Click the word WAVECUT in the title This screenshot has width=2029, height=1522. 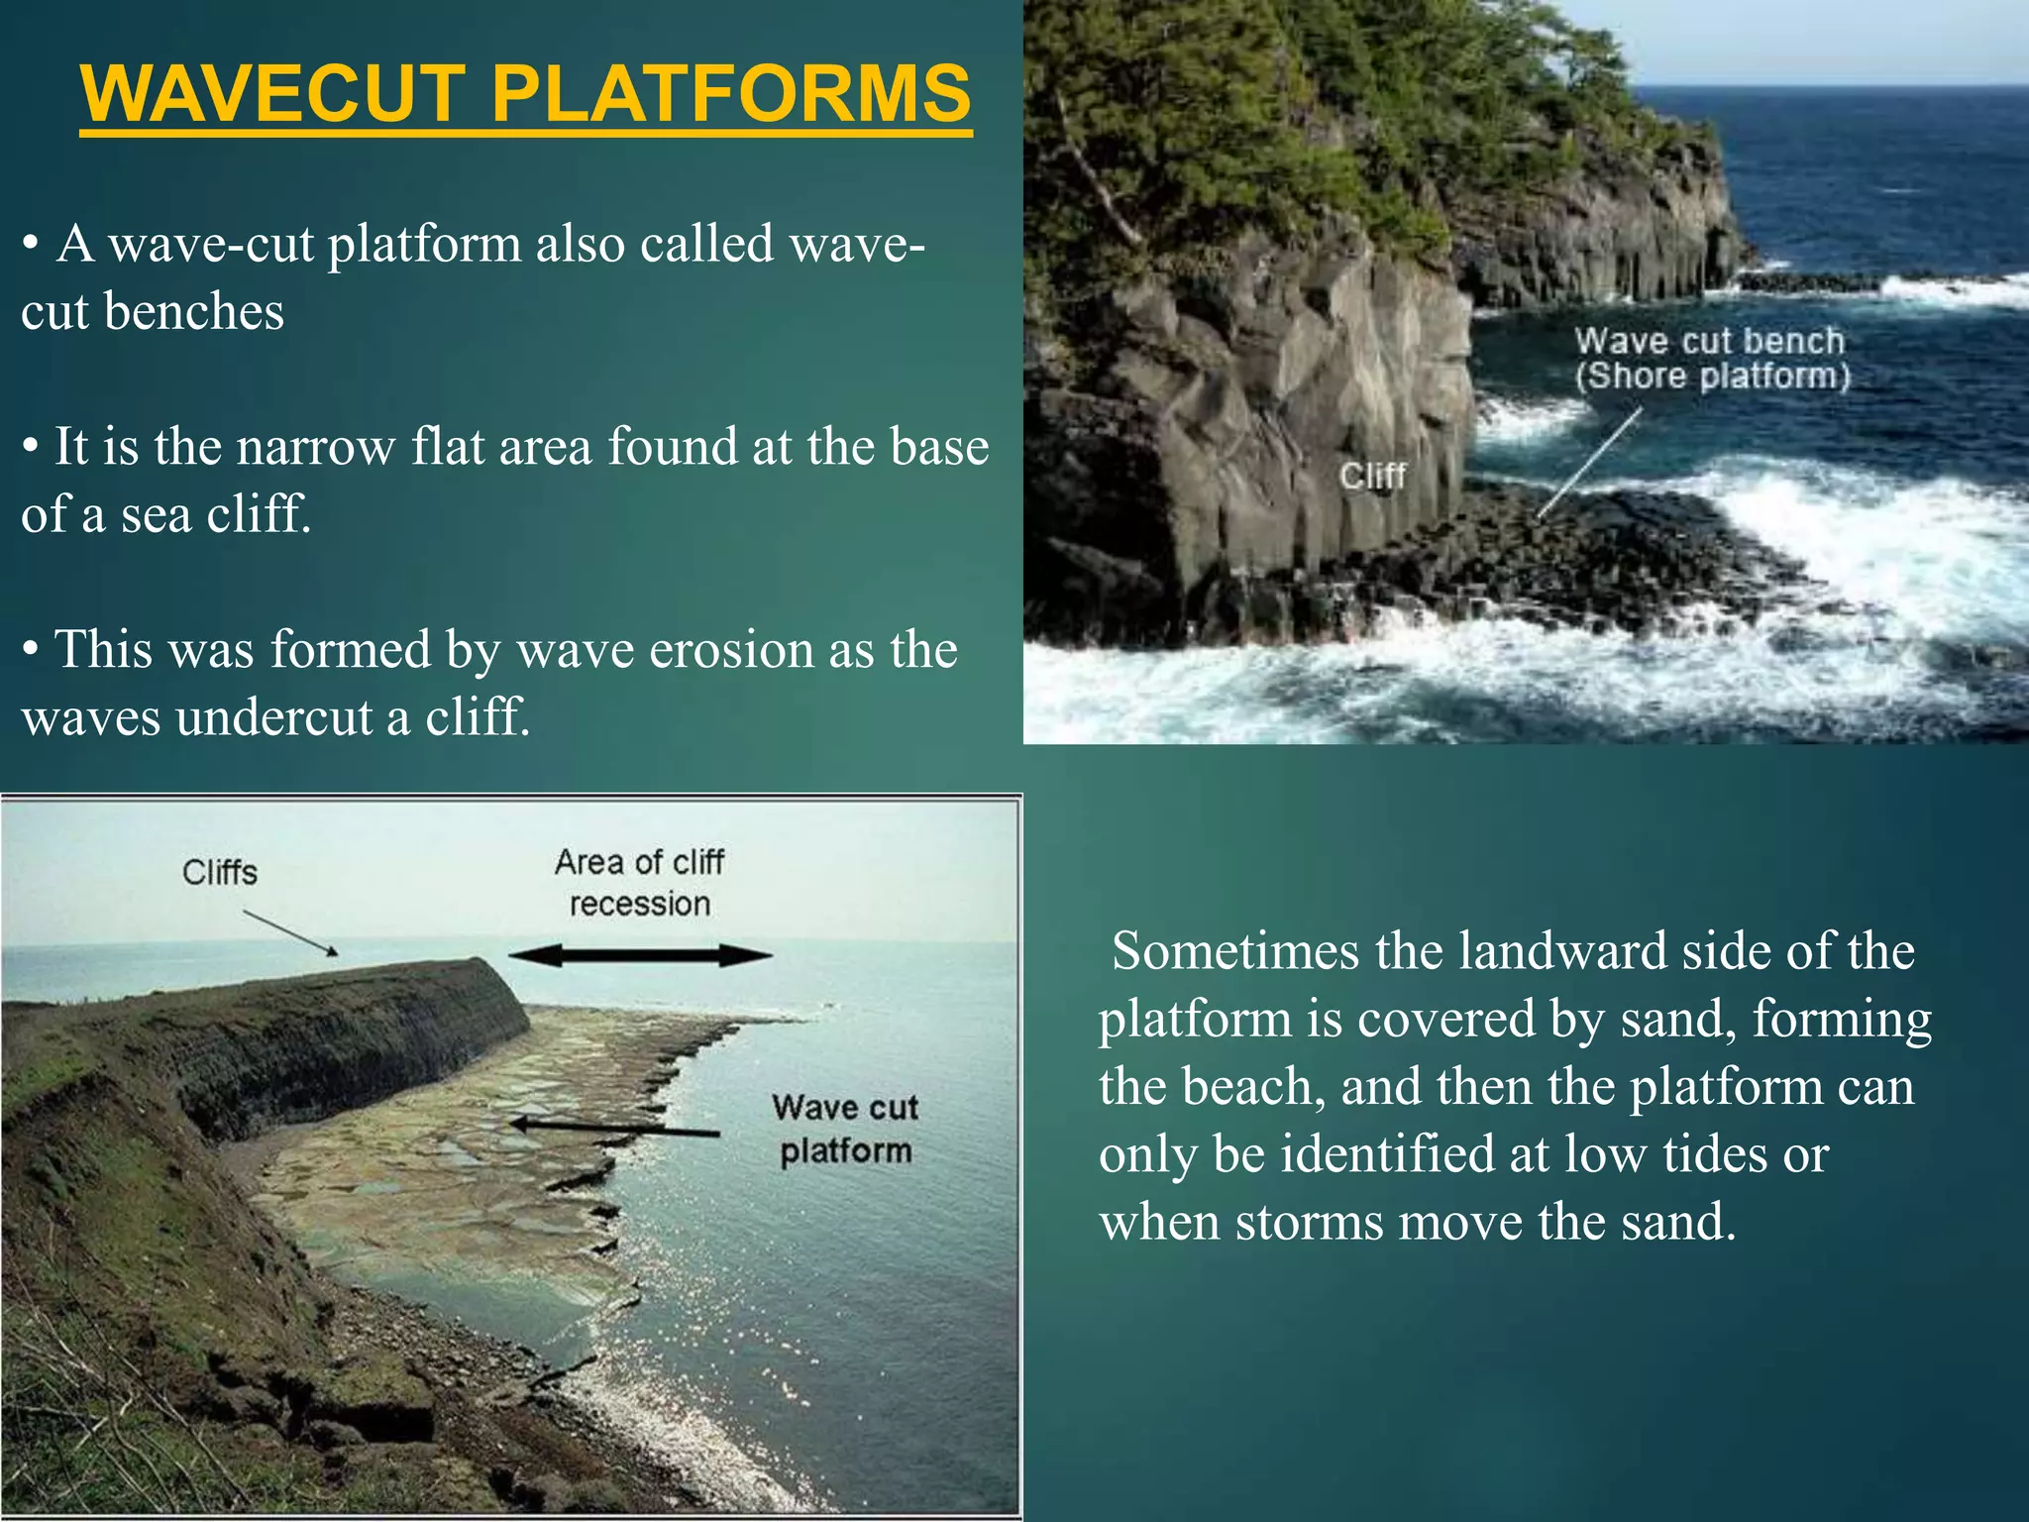click(273, 94)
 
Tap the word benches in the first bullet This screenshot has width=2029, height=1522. click(194, 312)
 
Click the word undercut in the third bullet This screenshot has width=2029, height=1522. click(280, 717)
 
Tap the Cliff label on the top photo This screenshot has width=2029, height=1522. click(1373, 477)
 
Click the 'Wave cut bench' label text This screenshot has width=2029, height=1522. click(1710, 342)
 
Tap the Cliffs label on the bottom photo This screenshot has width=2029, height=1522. click(220, 873)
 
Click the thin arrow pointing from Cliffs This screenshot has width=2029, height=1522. click(290, 933)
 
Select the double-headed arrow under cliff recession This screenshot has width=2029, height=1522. click(640, 955)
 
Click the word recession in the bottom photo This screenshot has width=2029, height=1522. click(640, 904)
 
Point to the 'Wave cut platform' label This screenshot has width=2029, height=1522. click(845, 1130)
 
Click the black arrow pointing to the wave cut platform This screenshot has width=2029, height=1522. click(614, 1127)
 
